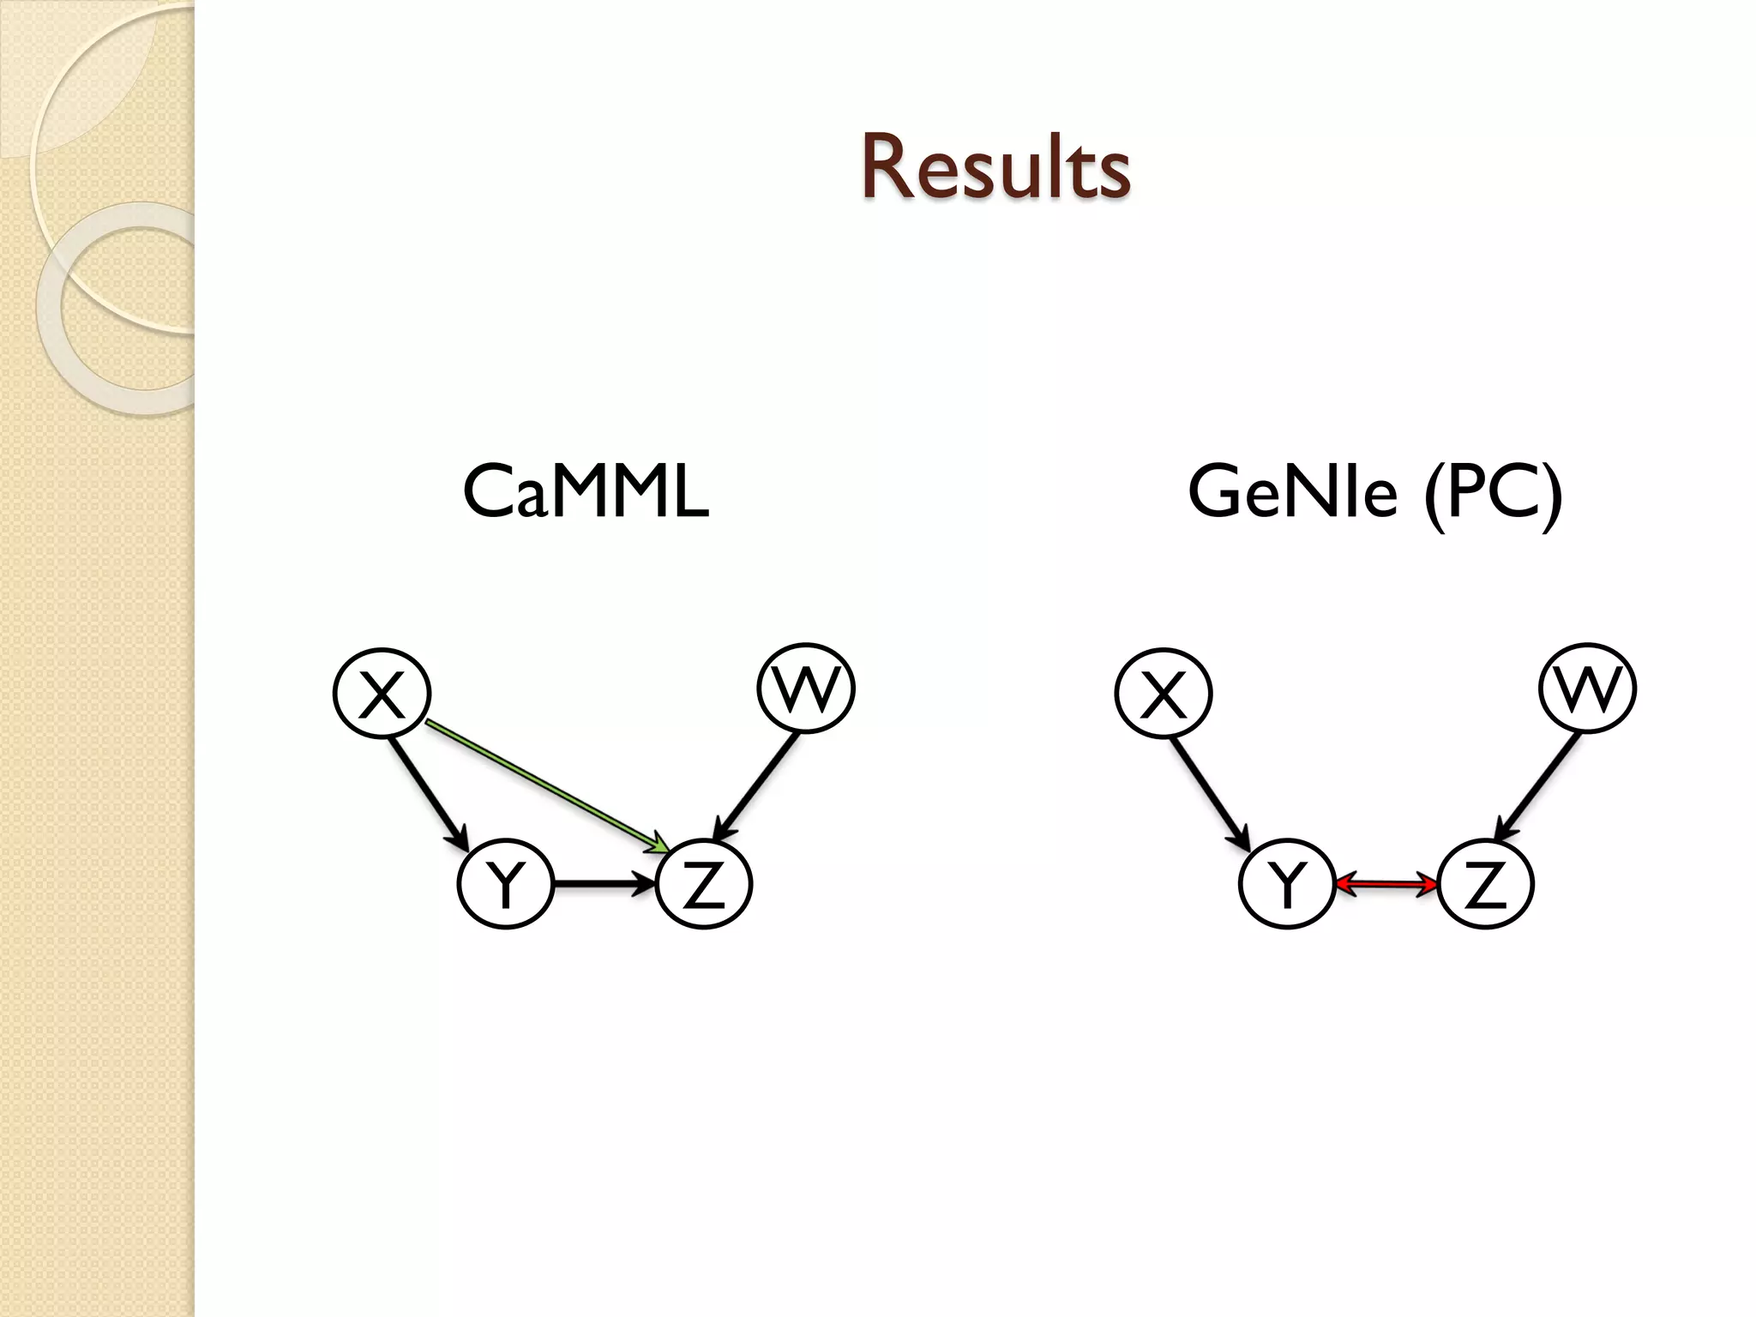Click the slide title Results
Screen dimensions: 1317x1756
click(995, 168)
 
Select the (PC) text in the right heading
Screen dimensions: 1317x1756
click(1493, 493)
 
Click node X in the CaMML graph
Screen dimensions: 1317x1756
click(382, 693)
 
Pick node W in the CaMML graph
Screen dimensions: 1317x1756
click(806, 688)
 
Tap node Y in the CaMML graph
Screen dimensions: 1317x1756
click(506, 884)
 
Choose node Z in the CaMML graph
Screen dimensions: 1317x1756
click(703, 884)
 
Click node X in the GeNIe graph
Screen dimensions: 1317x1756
click(1164, 693)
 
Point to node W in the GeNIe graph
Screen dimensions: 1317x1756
click(1588, 688)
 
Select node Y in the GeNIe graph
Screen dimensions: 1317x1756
click(1287, 884)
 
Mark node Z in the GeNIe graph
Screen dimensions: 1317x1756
click(1485, 884)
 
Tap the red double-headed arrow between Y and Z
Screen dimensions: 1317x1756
click(1386, 884)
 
